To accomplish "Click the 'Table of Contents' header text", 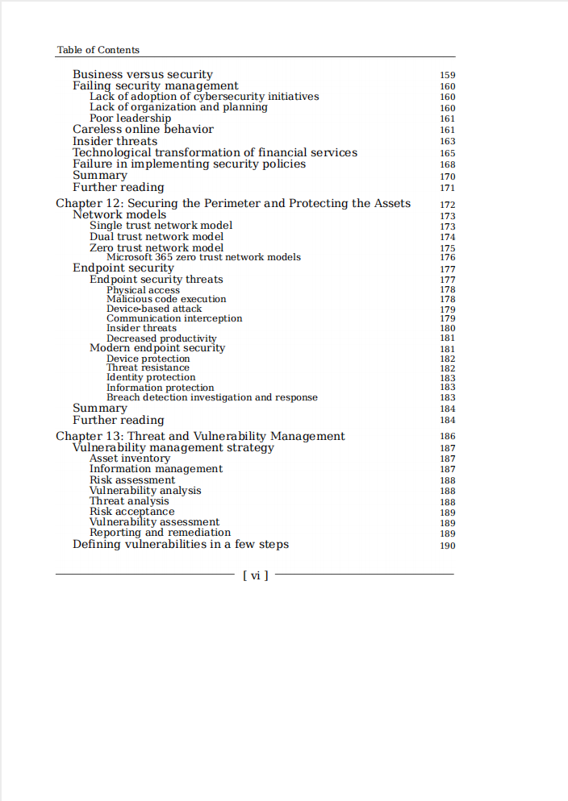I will coord(98,50).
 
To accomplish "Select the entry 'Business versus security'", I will coord(143,75).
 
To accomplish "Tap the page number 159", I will coord(447,76).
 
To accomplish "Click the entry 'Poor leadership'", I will coord(130,118).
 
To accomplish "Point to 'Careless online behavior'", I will coord(143,129).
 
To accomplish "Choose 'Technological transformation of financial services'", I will coord(215,152).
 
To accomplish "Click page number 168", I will coord(447,164).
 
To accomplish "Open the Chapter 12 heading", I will coord(233,203).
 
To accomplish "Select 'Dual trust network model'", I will coord(157,237).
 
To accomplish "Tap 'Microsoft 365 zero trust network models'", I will coord(203,258).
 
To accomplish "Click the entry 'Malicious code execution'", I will coord(166,299).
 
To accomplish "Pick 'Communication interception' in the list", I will coord(174,318).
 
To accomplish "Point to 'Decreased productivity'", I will coord(161,338).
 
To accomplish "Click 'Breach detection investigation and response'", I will coord(212,397).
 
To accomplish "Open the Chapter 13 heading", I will coord(200,436).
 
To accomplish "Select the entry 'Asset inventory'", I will coord(130,459).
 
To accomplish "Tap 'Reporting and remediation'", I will coord(160,533).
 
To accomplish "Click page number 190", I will coord(447,546).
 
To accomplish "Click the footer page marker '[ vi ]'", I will coord(255,575).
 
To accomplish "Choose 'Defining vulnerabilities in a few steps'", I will coord(181,544).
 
